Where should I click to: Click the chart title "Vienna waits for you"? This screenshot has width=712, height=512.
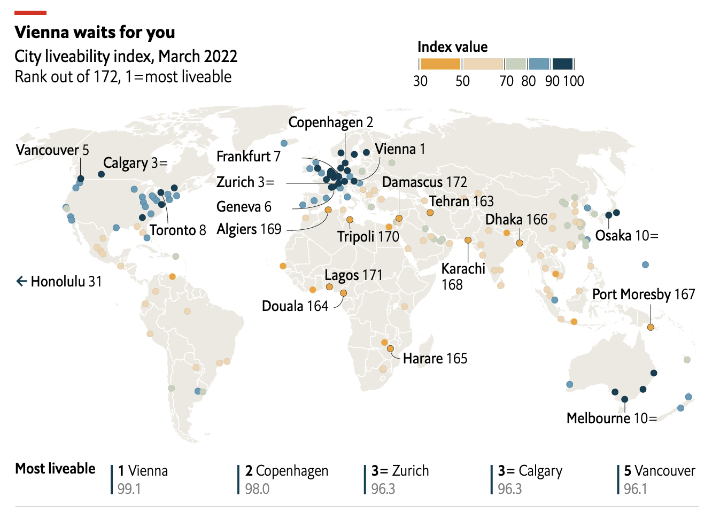point(95,33)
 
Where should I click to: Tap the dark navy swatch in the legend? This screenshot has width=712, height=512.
point(562,64)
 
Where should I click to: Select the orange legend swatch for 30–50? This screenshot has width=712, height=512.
point(440,64)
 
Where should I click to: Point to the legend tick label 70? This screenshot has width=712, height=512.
point(506,81)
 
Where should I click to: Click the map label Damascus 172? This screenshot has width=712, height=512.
point(424,182)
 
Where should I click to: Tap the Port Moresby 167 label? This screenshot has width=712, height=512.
point(644,294)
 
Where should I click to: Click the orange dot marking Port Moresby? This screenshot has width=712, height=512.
point(651,328)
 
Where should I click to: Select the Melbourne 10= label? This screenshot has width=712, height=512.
point(612,418)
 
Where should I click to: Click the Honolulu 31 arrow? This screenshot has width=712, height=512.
point(21,281)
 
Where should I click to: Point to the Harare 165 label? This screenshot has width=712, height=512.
point(435,359)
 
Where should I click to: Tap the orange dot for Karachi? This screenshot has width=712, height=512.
point(468,241)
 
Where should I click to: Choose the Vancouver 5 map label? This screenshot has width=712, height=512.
point(52,150)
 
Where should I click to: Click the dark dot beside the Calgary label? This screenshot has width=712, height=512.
point(102,174)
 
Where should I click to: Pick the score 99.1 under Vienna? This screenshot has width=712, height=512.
point(129,489)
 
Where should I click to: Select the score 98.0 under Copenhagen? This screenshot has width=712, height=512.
point(257,489)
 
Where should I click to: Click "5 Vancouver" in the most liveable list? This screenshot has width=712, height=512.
point(660,471)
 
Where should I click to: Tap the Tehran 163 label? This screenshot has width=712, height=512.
point(461,201)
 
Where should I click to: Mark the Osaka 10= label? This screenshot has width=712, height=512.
point(626,236)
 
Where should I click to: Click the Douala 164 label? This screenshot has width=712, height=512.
point(295,306)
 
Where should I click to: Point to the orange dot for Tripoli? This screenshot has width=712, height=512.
point(350,220)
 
